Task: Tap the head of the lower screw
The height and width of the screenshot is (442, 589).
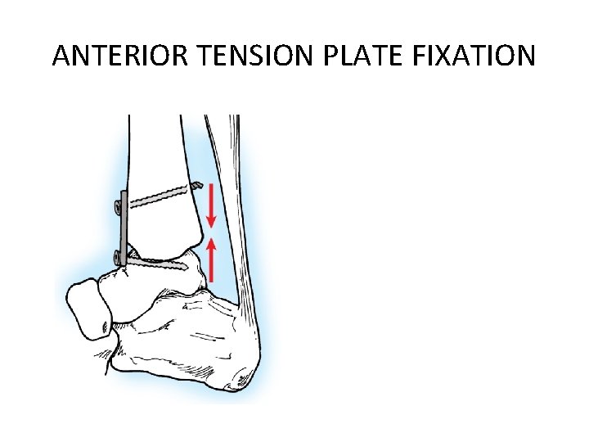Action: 120,259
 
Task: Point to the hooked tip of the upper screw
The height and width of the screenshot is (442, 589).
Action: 196,187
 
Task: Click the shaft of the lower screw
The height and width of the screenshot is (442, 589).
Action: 160,264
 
